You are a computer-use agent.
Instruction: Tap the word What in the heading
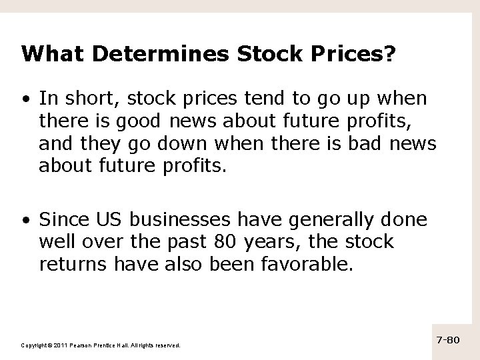coord(45,54)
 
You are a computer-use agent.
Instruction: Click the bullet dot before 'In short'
coord(25,99)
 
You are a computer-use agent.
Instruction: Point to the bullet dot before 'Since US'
coord(25,220)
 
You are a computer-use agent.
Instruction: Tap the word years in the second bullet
coord(263,241)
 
